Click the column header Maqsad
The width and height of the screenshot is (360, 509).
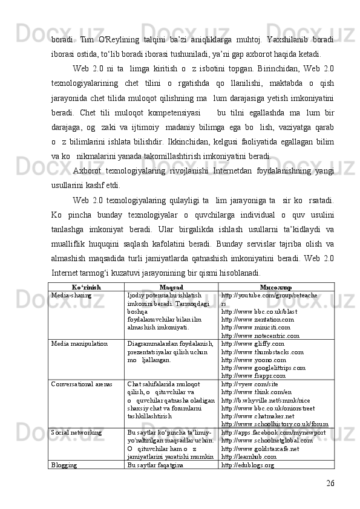click(x=171, y=287)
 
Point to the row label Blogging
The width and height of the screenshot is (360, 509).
click(x=64, y=467)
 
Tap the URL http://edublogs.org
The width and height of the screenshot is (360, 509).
click(x=248, y=467)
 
